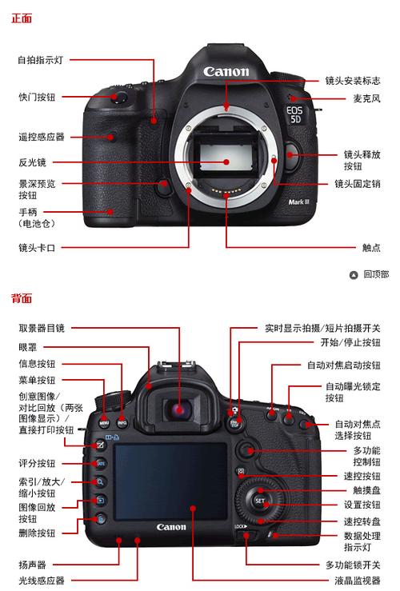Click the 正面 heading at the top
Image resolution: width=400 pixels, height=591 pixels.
click(22, 18)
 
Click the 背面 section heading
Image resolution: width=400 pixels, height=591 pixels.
click(22, 298)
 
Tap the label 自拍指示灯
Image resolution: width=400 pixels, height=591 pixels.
click(41, 60)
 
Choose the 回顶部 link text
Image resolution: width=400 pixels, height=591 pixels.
click(375, 274)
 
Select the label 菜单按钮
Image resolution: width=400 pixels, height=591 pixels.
click(37, 381)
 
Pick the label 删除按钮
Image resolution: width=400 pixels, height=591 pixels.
click(37, 532)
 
